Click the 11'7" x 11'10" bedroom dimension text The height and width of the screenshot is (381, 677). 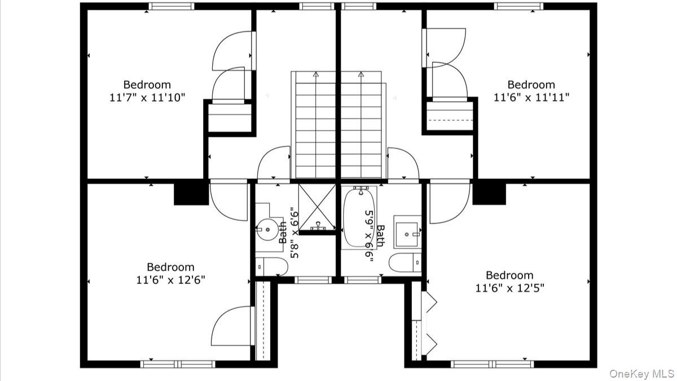pyautogui.click(x=147, y=98)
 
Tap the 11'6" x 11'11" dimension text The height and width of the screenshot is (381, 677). pyautogui.click(x=531, y=98)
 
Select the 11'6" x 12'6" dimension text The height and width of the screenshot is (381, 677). pyautogui.click(x=170, y=281)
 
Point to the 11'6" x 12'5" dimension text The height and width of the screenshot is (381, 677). pyautogui.click(x=510, y=288)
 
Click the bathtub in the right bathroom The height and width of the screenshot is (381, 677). pyautogui.click(x=359, y=218)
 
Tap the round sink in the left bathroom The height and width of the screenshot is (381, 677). pyautogui.click(x=267, y=230)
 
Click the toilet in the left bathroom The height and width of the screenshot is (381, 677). pyautogui.click(x=271, y=266)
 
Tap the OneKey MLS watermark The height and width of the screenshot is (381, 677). pyautogui.click(x=642, y=374)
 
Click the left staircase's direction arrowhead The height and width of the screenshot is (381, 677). pyautogui.click(x=316, y=74)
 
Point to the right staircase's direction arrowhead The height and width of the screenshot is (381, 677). pyautogui.click(x=361, y=74)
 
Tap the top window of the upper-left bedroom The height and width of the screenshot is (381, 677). pyautogui.click(x=172, y=6)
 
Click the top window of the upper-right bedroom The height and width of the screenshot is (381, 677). pyautogui.click(x=518, y=6)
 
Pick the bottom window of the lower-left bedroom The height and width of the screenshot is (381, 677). pyautogui.click(x=178, y=364)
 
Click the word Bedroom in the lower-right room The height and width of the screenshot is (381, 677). pyautogui.click(x=509, y=275)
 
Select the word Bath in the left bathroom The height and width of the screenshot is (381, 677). pyautogui.click(x=283, y=233)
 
